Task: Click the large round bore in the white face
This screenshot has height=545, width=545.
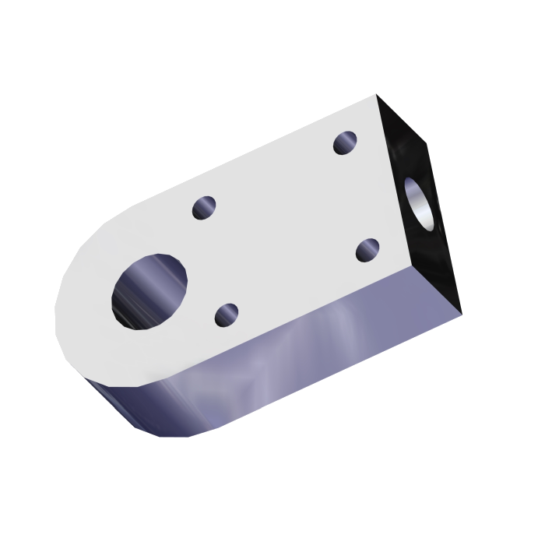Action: (149, 290)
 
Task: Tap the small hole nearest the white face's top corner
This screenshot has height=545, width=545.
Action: (345, 142)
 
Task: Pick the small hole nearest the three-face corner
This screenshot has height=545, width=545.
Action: (367, 251)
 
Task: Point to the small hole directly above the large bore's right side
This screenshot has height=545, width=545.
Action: (206, 208)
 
